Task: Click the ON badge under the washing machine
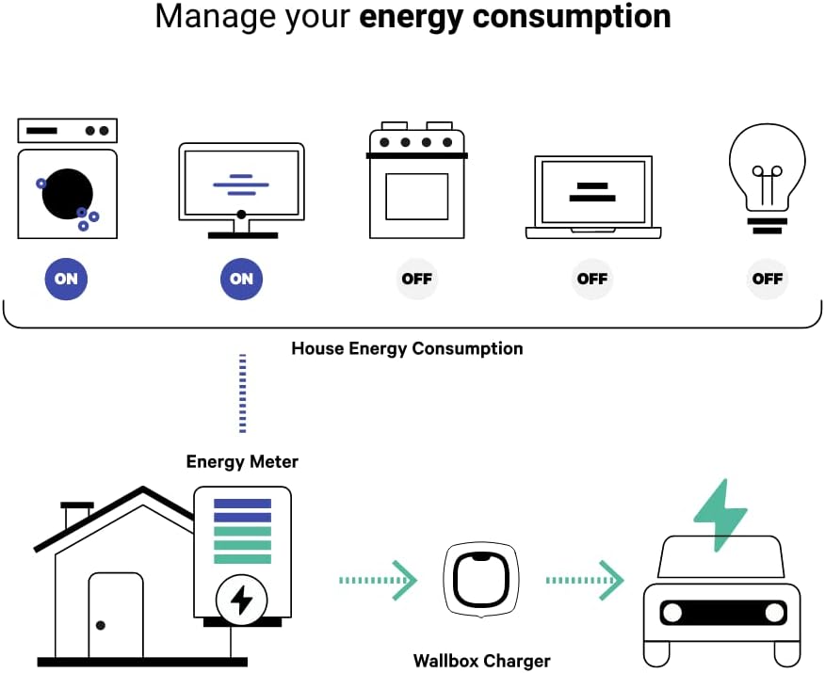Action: click(x=66, y=279)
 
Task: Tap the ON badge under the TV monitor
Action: click(x=242, y=279)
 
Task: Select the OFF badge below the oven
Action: click(x=417, y=279)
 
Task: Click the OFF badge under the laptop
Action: click(x=592, y=279)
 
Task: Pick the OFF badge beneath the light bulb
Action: click(x=768, y=279)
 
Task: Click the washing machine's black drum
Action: click(x=67, y=192)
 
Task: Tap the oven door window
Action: click(x=417, y=196)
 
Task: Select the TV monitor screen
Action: click(x=242, y=182)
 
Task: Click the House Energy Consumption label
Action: click(x=407, y=348)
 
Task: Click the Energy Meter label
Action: click(x=242, y=461)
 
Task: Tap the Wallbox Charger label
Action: click(x=481, y=661)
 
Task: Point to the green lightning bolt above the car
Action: click(x=720, y=516)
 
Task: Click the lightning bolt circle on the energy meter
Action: click(x=242, y=600)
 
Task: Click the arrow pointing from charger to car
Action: click(x=585, y=581)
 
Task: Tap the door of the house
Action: click(x=116, y=617)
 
